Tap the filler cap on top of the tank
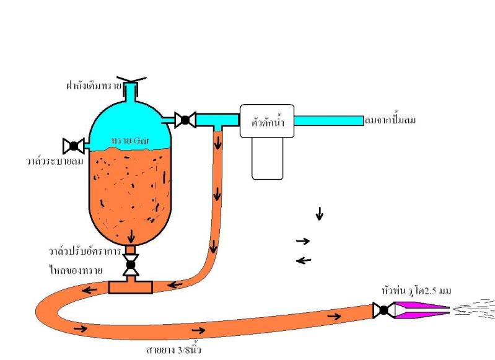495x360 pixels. (131, 81)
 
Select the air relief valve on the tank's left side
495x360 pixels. (74, 146)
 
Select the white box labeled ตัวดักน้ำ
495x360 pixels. (266, 120)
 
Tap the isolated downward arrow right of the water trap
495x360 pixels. (320, 214)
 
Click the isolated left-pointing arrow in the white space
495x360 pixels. (303, 260)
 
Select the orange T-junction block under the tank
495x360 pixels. (131, 286)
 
